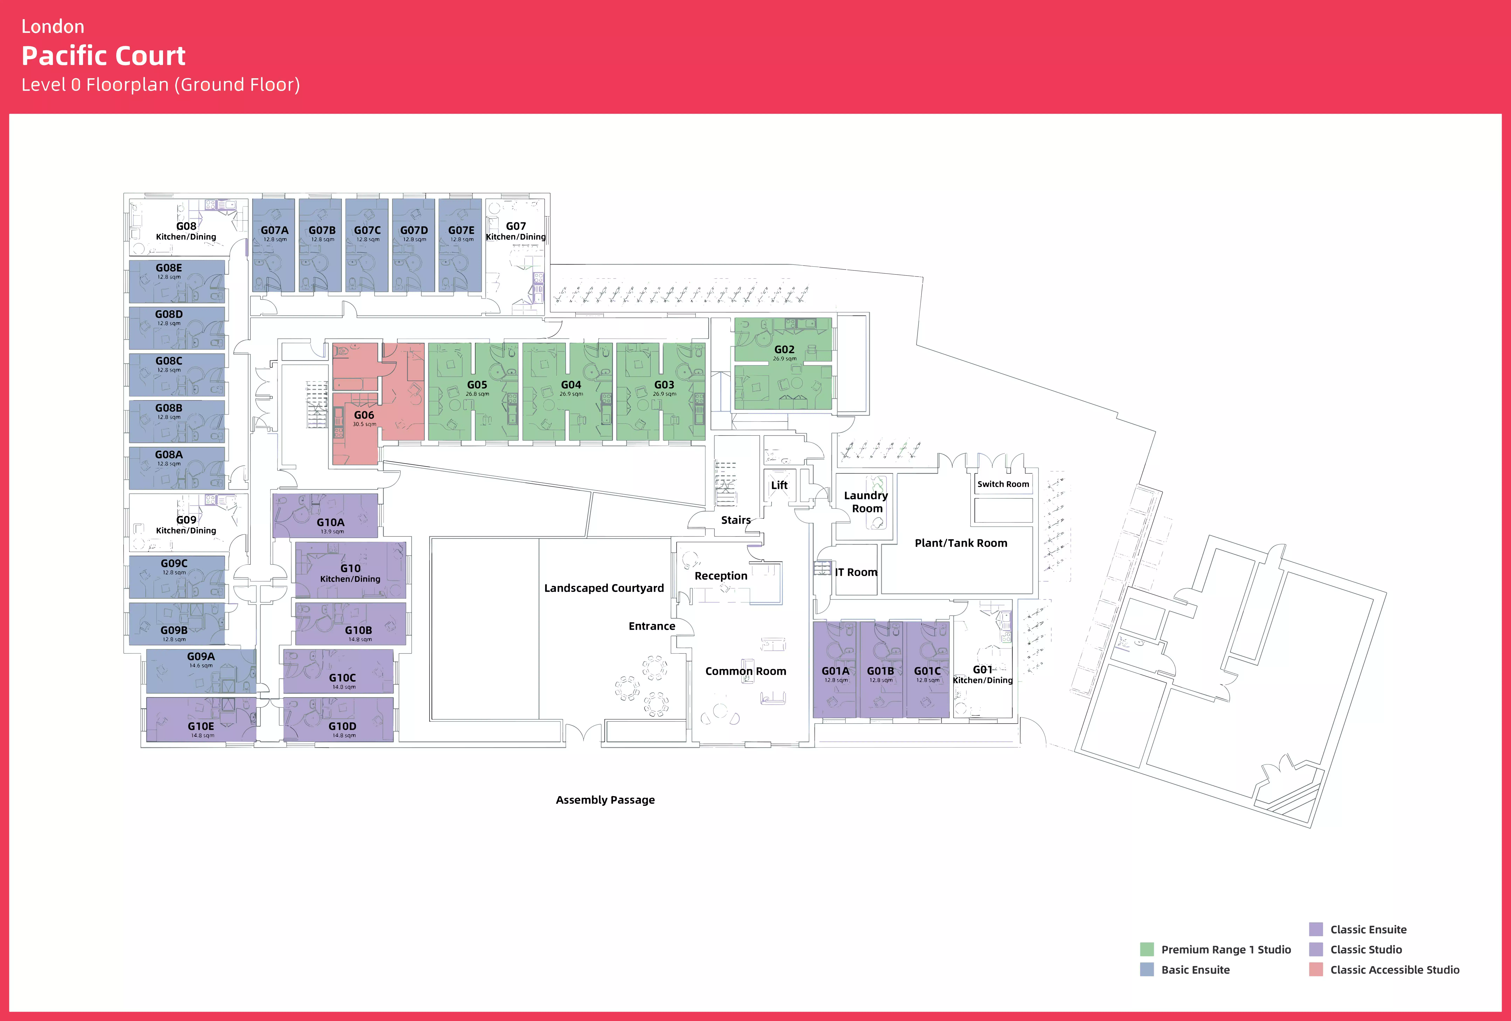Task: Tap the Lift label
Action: (x=779, y=485)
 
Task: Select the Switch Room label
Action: (x=1003, y=484)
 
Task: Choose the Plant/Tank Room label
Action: (x=960, y=543)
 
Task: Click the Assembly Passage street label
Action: (x=605, y=800)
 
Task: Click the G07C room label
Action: (x=367, y=230)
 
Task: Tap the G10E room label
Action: (x=201, y=726)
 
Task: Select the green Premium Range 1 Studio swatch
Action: (x=1147, y=950)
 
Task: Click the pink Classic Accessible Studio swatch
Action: (x=1315, y=970)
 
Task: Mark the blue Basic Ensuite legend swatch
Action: (x=1147, y=970)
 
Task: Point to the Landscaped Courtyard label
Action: (x=603, y=588)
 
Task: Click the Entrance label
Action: (x=651, y=626)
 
